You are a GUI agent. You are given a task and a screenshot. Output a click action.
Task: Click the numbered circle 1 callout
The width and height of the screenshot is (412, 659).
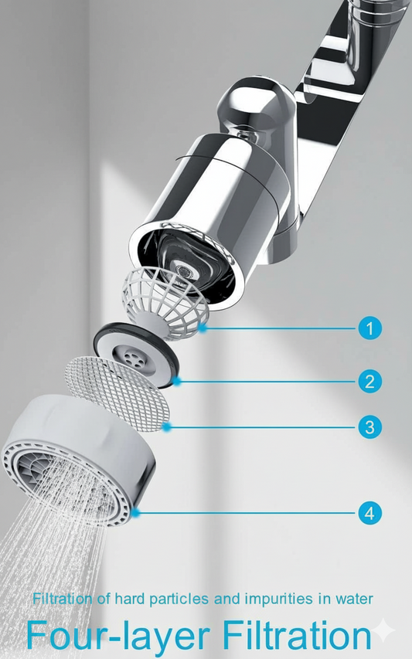pyautogui.click(x=370, y=328)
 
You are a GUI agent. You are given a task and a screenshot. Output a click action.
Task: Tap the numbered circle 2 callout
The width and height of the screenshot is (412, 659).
pyautogui.click(x=370, y=381)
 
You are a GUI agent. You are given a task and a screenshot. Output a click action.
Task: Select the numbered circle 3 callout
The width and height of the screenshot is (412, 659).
pyautogui.click(x=370, y=426)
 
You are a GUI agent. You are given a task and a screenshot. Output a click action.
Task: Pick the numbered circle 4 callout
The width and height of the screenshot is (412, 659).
pyautogui.click(x=370, y=511)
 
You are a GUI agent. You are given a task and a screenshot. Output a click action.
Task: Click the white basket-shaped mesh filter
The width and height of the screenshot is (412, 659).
pyautogui.click(x=163, y=298)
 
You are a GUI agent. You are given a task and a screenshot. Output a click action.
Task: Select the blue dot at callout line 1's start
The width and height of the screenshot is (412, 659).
pyautogui.click(x=202, y=328)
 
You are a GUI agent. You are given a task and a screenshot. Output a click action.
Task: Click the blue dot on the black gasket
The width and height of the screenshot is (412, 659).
pyautogui.click(x=178, y=381)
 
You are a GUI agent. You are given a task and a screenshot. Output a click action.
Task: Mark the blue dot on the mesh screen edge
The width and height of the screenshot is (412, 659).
pyautogui.click(x=165, y=426)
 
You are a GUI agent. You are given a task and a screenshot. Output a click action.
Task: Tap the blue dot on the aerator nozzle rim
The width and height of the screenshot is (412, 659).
pyautogui.click(x=136, y=511)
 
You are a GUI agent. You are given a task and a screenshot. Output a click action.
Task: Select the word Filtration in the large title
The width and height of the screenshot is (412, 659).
pyautogui.click(x=297, y=635)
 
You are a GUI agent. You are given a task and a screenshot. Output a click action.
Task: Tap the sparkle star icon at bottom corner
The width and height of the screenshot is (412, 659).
pyautogui.click(x=384, y=632)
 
